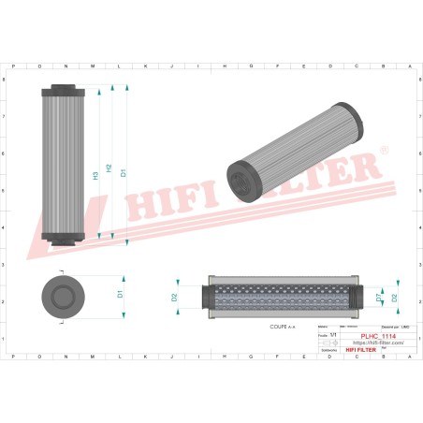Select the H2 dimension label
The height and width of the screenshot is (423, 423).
109,168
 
